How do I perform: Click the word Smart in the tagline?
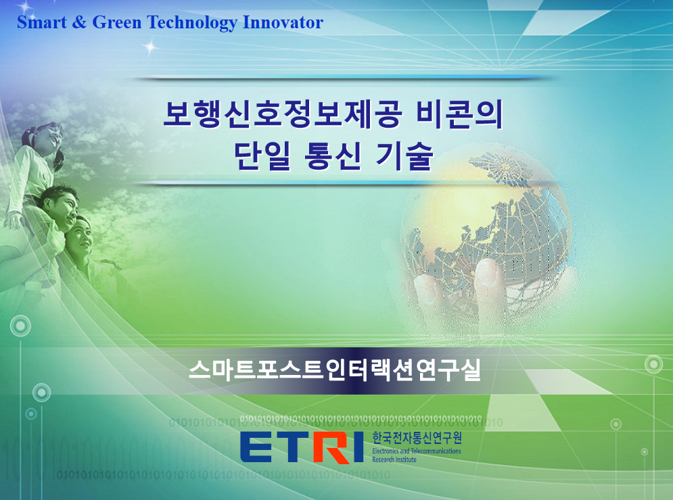[x=42, y=22]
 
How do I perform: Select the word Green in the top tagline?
[x=117, y=22]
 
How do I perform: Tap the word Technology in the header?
[x=192, y=23]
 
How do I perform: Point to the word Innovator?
[x=283, y=22]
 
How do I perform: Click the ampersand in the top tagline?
[x=79, y=22]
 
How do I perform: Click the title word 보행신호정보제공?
[x=283, y=114]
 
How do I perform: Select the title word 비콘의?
[x=459, y=114]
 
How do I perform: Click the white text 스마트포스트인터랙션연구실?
[x=334, y=370]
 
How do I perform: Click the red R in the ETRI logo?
[x=331, y=447]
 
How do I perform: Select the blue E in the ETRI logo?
[x=256, y=447]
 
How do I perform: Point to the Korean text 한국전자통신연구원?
[x=417, y=438]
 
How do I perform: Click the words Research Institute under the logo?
[x=394, y=459]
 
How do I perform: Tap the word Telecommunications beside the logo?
[x=436, y=451]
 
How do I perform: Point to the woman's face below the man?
[x=82, y=237]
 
